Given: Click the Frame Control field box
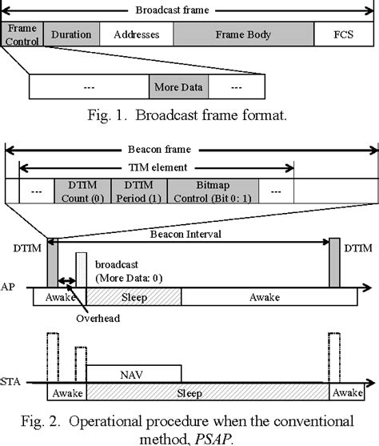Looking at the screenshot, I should (22, 34).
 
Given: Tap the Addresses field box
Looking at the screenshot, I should (136, 35).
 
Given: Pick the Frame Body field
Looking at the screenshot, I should (243, 35).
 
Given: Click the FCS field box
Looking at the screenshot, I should (343, 35).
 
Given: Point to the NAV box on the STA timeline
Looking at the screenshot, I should (133, 372).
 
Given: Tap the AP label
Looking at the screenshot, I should (7, 286).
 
